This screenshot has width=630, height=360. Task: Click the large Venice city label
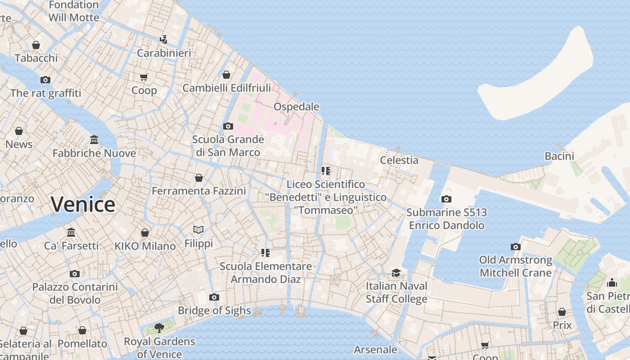point(83,205)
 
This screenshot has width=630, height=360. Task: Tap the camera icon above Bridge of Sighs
point(214,297)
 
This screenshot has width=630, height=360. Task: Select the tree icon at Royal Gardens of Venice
point(159,328)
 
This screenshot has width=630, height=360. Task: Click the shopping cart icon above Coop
point(144,77)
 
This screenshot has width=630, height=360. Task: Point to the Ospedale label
point(297,107)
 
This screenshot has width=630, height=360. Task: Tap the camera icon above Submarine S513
point(446,199)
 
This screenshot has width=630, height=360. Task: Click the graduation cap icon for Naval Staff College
point(396,273)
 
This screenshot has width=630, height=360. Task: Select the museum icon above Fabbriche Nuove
point(94,139)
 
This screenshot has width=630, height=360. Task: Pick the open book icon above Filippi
point(198,230)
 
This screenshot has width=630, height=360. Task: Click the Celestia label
point(399,160)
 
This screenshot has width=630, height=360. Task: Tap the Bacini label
point(559,156)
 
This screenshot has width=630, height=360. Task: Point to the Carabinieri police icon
point(164,39)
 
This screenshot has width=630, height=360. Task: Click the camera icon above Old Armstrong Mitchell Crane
point(516,247)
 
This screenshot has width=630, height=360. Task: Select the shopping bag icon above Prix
point(562,312)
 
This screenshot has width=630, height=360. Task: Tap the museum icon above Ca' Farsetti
point(71,232)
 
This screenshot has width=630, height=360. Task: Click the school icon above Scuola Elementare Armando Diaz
point(265,253)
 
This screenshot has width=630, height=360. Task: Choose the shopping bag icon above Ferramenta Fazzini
point(199,178)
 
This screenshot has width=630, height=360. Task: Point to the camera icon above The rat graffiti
point(45,80)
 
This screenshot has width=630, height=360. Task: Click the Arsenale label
point(375,350)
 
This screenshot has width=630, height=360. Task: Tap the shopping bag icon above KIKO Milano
point(145,233)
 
